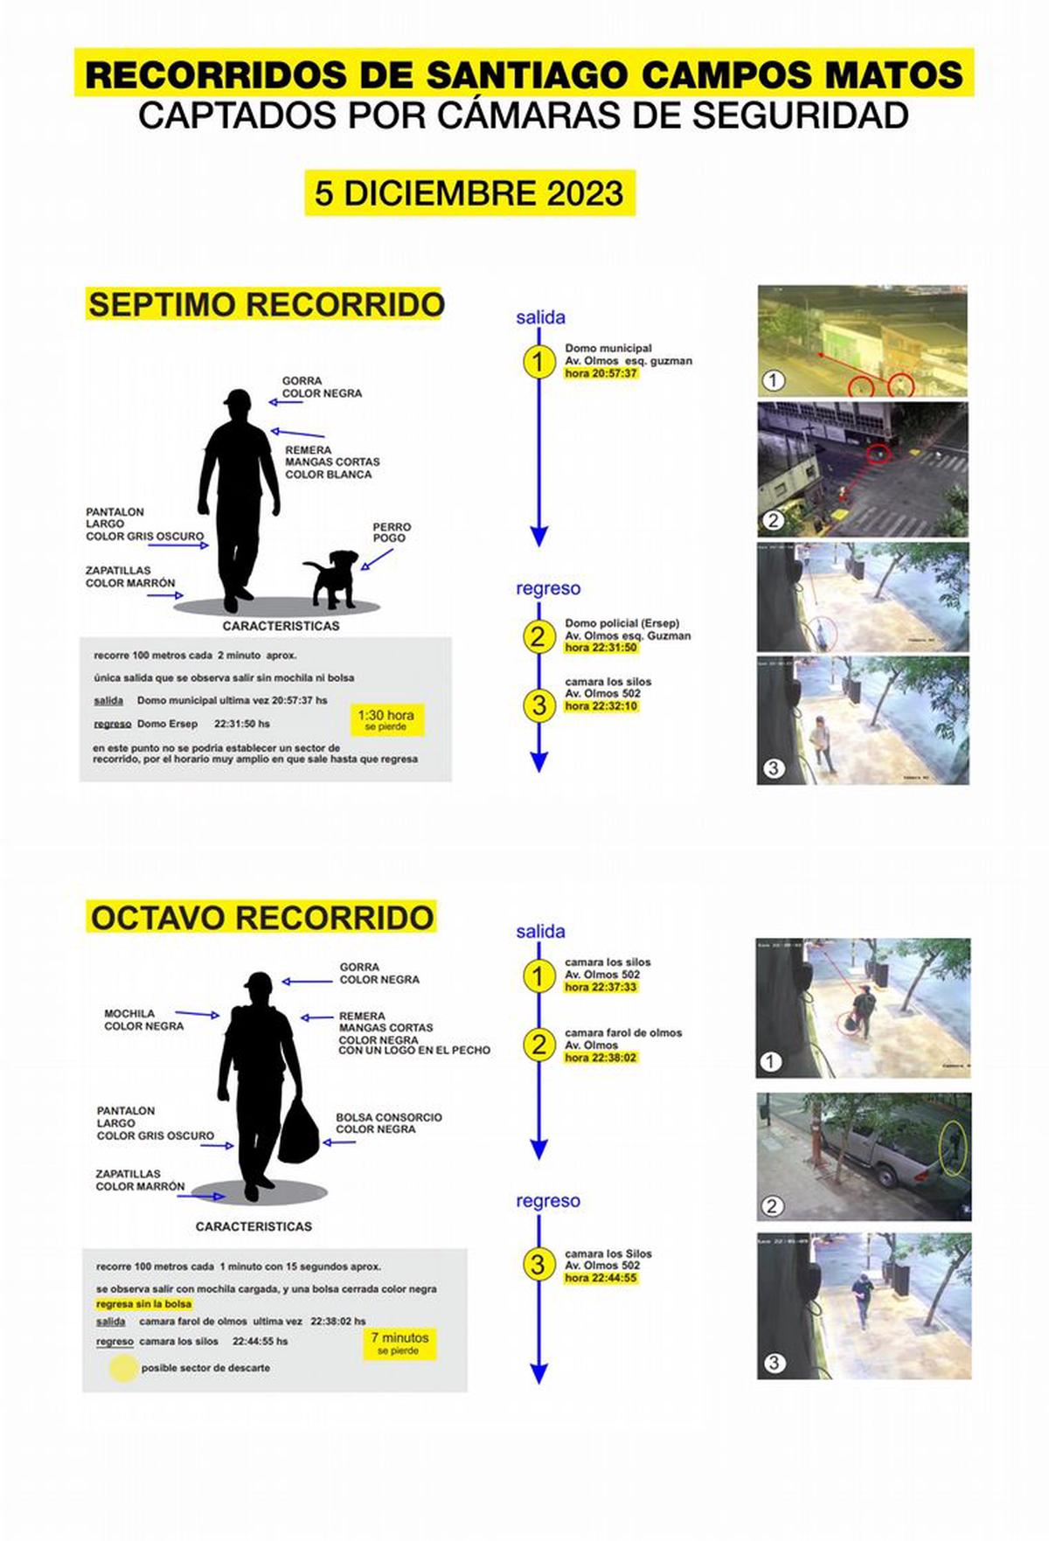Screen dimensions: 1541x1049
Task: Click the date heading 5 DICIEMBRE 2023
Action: click(469, 193)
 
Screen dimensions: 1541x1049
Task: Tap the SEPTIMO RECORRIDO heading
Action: click(266, 305)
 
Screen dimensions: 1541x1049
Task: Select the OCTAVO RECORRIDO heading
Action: click(262, 918)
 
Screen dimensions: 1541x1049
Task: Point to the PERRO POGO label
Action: click(391, 532)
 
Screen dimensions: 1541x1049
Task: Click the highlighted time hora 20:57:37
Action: click(601, 373)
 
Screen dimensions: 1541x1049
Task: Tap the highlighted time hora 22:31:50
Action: click(601, 648)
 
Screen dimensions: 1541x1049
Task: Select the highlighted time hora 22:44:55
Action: click(601, 1278)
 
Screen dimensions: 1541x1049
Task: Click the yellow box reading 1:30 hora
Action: click(386, 718)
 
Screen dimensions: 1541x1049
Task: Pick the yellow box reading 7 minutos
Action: click(399, 1342)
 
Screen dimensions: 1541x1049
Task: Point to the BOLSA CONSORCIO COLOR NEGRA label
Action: click(388, 1123)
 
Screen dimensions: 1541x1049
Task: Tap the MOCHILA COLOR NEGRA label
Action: click(143, 1019)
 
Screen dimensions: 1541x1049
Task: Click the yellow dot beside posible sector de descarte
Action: click(122, 1368)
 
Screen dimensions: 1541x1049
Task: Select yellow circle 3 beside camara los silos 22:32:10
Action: click(538, 705)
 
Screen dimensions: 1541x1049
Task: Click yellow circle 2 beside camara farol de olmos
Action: click(538, 1045)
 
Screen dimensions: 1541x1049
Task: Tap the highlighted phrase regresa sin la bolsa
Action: click(143, 1303)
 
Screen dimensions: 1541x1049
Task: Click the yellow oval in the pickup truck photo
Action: click(953, 1148)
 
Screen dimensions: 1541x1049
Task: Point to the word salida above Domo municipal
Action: click(540, 317)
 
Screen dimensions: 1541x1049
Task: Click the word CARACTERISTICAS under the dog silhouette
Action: click(281, 626)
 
